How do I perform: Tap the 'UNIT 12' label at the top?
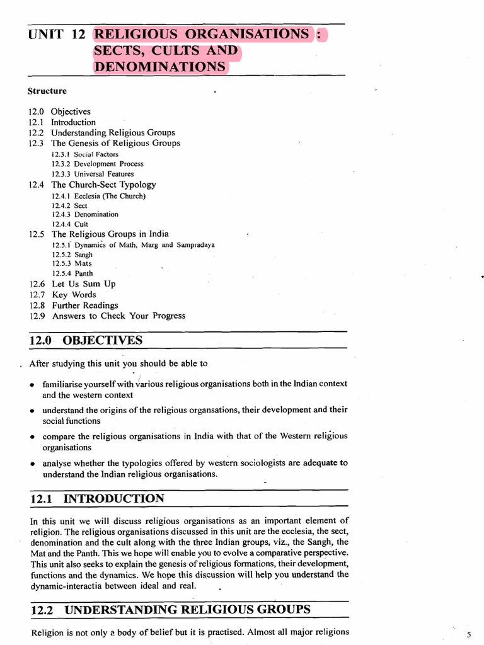(56, 35)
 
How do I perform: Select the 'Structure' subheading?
(47, 91)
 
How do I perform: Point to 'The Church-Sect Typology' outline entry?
(103, 185)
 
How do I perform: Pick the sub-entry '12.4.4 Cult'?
(70, 224)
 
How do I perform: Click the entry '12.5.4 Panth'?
(72, 273)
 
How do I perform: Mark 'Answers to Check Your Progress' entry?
(118, 316)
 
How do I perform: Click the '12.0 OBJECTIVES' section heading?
(86, 341)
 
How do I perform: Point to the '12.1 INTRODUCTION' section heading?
(97, 499)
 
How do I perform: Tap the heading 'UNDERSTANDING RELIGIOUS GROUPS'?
(187, 609)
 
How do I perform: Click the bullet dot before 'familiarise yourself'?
(32, 384)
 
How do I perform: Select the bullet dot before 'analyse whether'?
(32, 464)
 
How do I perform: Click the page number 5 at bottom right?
(468, 634)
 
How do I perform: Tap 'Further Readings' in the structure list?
(84, 305)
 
